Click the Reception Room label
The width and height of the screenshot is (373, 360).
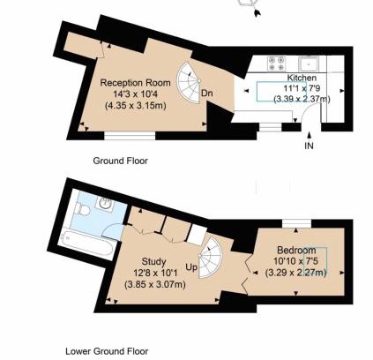[135, 83]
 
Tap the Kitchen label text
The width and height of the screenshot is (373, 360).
[302, 78]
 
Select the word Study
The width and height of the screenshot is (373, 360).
[153, 261]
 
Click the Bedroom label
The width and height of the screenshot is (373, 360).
[296, 251]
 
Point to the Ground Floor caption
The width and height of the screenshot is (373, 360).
[120, 161]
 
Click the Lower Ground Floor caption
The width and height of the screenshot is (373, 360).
[107, 351]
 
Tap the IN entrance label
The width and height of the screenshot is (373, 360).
[309, 146]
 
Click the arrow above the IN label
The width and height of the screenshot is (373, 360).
[309, 135]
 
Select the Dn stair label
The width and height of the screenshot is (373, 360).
[207, 94]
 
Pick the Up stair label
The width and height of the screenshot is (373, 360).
[191, 267]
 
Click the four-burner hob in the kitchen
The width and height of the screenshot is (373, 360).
[277, 64]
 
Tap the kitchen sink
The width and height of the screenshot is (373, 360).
[309, 64]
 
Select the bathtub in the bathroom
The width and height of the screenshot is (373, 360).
[86, 243]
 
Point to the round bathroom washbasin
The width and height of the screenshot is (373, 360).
[105, 203]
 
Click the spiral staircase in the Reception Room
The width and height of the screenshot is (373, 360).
[189, 82]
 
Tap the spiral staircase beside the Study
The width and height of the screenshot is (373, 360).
[210, 258]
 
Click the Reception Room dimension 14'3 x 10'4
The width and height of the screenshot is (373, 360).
[136, 94]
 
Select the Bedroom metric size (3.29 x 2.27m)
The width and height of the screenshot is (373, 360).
[296, 273]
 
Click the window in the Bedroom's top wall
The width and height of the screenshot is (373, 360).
[296, 223]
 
